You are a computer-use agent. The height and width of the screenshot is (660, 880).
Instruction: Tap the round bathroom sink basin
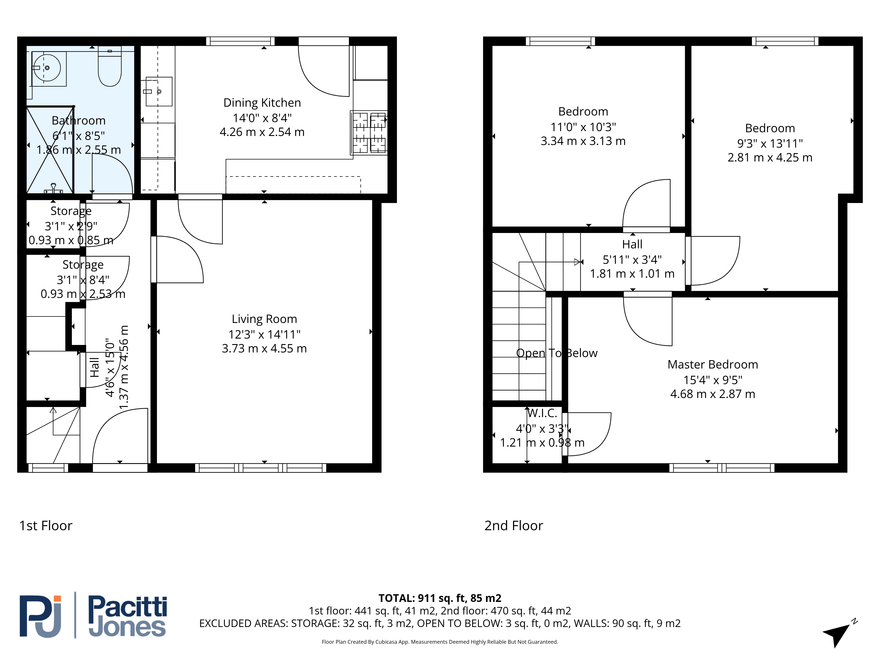point(47,68)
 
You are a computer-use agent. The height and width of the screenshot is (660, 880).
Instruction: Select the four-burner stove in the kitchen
point(369,132)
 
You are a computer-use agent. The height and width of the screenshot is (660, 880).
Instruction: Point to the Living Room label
point(264,319)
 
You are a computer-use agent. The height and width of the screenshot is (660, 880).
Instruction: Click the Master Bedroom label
point(713,364)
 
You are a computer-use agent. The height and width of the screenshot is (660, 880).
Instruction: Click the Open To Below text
point(557,353)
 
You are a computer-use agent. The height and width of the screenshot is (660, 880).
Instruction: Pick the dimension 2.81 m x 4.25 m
point(770,158)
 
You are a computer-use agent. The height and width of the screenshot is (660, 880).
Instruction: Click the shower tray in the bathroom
point(50,150)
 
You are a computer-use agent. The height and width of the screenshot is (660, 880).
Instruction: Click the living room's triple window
point(260,468)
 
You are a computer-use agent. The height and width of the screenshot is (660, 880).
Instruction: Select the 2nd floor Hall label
point(632,244)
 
